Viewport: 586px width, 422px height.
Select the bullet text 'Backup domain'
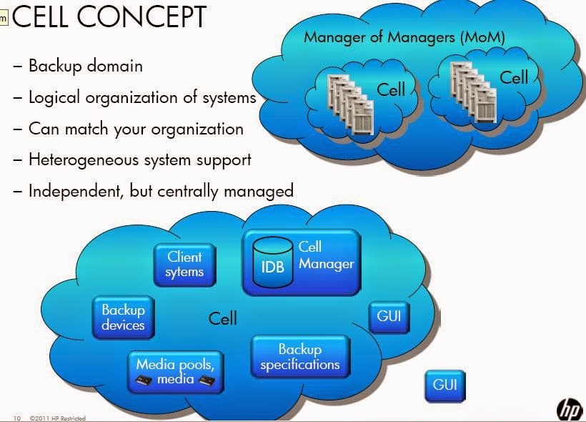click(x=85, y=66)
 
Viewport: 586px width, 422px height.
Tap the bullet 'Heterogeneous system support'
click(x=139, y=160)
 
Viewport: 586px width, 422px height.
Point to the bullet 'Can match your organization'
click(x=136, y=129)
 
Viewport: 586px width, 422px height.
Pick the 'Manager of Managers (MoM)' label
click(x=404, y=37)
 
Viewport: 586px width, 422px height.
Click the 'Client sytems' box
click(x=184, y=264)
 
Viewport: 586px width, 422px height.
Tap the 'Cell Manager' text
click(x=326, y=255)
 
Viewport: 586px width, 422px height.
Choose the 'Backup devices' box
click(x=123, y=318)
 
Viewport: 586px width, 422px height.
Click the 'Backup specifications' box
click(x=300, y=357)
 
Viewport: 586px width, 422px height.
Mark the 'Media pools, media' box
click(x=175, y=371)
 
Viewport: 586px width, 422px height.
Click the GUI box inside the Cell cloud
click(x=389, y=316)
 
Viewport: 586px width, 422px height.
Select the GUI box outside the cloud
click(x=445, y=386)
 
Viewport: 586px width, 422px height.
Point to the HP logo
click(x=570, y=408)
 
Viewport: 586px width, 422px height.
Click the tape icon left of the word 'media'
click(x=144, y=381)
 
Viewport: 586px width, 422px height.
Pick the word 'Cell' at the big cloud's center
click(x=222, y=318)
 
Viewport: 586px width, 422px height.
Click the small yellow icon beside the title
click(x=4, y=18)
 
